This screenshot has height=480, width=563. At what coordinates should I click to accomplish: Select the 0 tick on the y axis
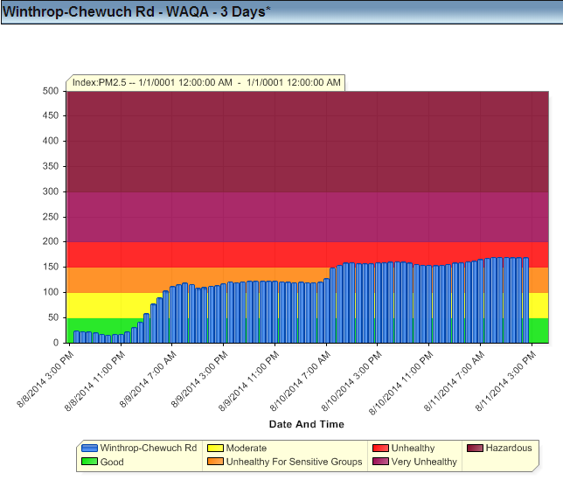tap(54, 343)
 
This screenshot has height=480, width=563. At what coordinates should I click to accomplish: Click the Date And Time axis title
tap(306, 424)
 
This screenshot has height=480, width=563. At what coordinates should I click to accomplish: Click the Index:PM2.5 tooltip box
tap(206, 82)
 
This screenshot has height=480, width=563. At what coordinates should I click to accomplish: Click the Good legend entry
tap(112, 462)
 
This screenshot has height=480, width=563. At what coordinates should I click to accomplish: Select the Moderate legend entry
tap(247, 448)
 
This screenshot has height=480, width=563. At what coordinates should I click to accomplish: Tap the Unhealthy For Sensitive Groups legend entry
tap(294, 462)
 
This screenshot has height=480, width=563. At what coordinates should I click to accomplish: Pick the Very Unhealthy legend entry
tap(424, 462)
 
